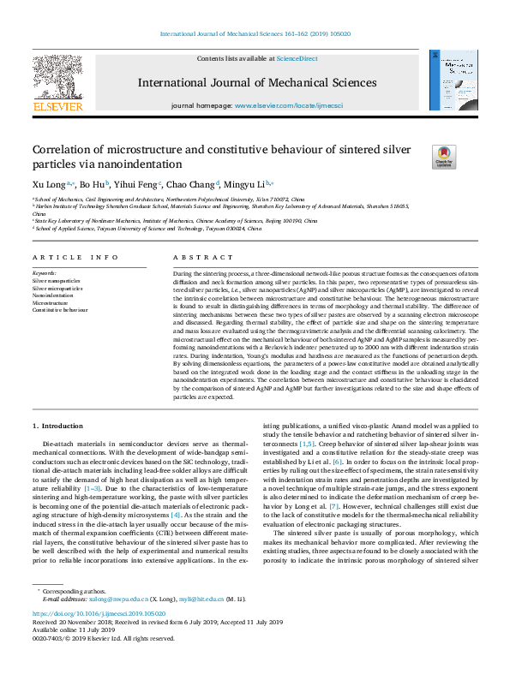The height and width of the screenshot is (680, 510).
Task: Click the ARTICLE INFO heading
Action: tap(75, 257)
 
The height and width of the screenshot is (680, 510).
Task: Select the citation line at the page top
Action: tap(255, 35)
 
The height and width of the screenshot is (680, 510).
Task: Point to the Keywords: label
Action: tap(44, 272)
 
